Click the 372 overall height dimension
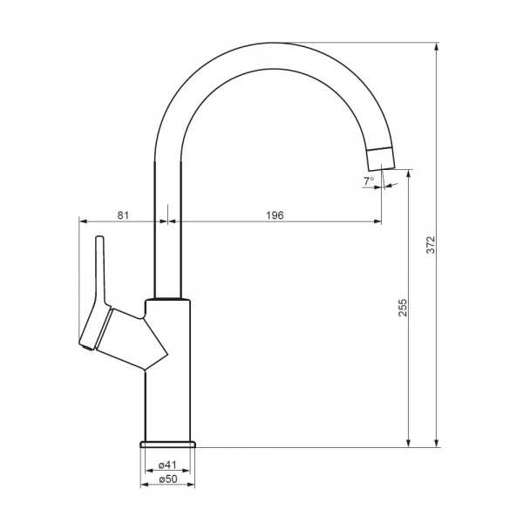430,245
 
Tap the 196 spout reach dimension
275,215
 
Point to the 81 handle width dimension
123,215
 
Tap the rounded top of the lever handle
99,239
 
